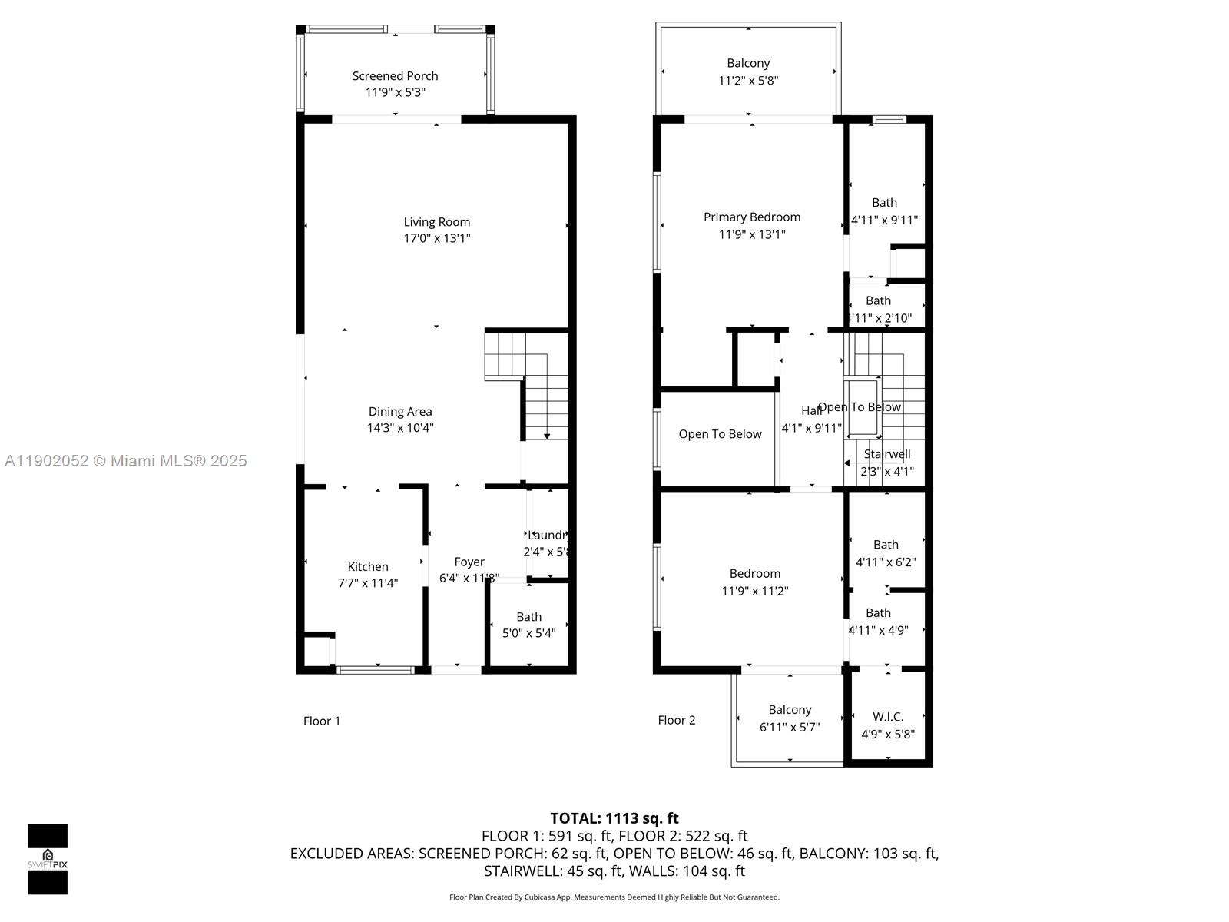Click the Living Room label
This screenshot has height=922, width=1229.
pyautogui.click(x=436, y=222)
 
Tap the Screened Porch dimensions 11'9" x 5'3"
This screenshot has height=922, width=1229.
pyautogui.click(x=395, y=92)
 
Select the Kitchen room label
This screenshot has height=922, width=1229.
pyautogui.click(x=368, y=566)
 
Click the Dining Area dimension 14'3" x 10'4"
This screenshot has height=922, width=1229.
pyautogui.click(x=399, y=428)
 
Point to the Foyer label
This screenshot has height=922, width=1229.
pyautogui.click(x=469, y=562)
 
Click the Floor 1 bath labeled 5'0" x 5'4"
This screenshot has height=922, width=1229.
pyautogui.click(x=528, y=625)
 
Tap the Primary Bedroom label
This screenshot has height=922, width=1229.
pyautogui.click(x=751, y=217)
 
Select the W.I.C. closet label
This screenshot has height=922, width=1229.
pyautogui.click(x=887, y=716)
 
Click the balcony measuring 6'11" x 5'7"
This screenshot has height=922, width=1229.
pyautogui.click(x=790, y=718)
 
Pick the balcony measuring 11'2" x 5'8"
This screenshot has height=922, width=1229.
pyautogui.click(x=748, y=71)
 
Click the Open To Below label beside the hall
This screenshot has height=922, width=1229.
pyautogui.click(x=720, y=434)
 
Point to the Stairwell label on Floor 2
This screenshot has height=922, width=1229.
pyautogui.click(x=887, y=454)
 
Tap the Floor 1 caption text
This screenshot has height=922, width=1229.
pyautogui.click(x=321, y=721)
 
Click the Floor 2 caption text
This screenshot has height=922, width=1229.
pyautogui.click(x=676, y=720)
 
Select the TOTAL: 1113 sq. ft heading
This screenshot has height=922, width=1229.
pyautogui.click(x=614, y=818)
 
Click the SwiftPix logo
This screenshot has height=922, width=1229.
pyautogui.click(x=48, y=859)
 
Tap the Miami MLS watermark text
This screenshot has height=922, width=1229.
pyautogui.click(x=126, y=461)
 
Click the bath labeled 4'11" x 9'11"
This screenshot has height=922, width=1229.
pyautogui.click(x=884, y=211)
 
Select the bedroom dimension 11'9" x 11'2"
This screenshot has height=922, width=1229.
pyautogui.click(x=754, y=591)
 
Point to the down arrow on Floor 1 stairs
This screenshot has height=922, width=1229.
pyautogui.click(x=547, y=436)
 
